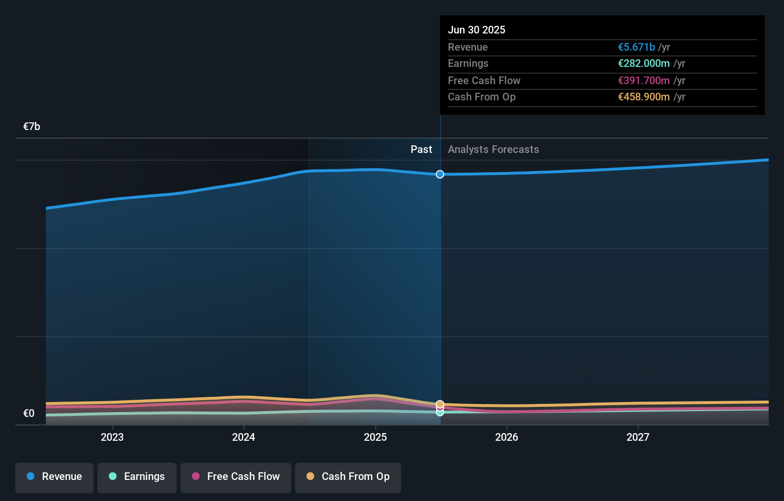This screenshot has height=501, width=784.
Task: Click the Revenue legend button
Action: pos(54,477)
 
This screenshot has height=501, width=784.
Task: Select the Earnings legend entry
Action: pos(137,477)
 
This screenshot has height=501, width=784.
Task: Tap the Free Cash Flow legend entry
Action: pos(236,477)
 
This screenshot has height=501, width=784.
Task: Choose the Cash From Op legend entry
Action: pos(348,477)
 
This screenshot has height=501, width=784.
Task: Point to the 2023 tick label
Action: pos(112,437)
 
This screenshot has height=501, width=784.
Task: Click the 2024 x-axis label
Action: pos(244,437)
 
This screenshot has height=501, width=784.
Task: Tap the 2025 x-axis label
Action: pos(375,437)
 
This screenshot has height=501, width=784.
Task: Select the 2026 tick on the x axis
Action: pos(507,437)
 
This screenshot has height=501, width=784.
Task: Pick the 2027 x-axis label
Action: pos(638,437)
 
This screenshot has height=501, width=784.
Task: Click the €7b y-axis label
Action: pos(32,127)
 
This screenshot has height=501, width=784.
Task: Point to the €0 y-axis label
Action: pos(29,414)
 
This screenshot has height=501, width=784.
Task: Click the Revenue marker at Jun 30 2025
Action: pos(440,174)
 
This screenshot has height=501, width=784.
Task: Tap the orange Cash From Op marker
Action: pos(440,404)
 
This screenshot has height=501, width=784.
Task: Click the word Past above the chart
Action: pos(421,150)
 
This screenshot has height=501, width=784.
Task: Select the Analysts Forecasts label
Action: pos(493,150)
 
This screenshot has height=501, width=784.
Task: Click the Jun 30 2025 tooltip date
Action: pos(477,30)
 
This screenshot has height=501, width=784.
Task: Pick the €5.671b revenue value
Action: pos(636,47)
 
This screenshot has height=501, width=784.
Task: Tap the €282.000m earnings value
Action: pos(644,64)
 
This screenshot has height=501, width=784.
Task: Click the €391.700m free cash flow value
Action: pos(644,81)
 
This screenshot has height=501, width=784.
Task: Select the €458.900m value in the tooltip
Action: pos(644,97)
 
